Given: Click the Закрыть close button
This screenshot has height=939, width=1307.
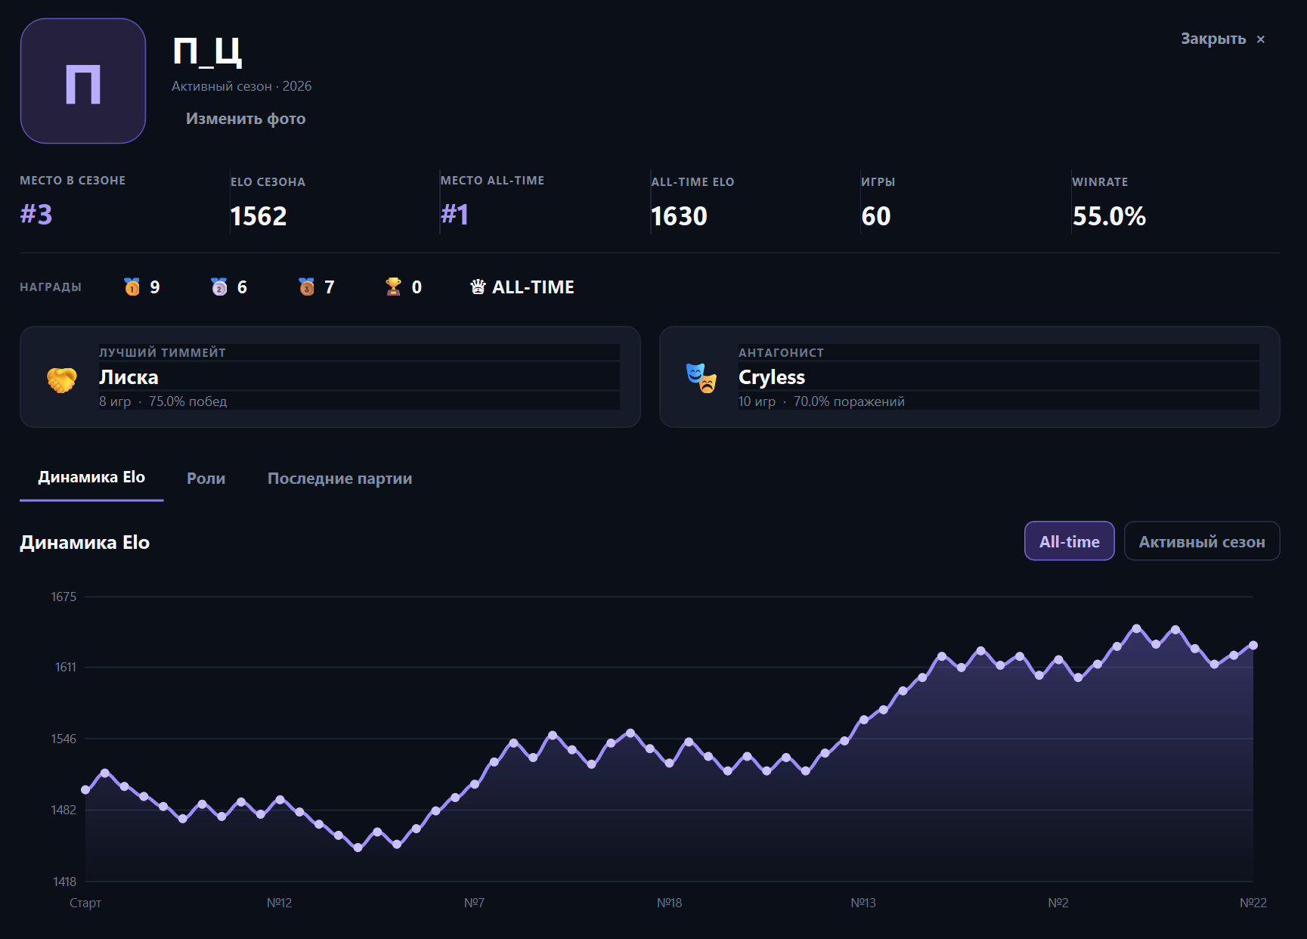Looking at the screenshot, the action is click(x=1222, y=39).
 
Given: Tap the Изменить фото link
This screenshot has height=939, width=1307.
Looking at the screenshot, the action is click(x=246, y=119).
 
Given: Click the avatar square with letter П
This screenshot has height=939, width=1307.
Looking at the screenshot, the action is click(x=83, y=81).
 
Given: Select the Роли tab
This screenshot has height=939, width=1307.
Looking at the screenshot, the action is click(x=206, y=479).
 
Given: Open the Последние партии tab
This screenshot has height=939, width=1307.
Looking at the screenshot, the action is click(x=339, y=479).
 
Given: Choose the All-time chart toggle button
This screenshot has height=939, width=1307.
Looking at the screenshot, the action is click(x=1069, y=541).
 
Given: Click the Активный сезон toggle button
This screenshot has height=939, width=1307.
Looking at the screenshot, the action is click(x=1202, y=541).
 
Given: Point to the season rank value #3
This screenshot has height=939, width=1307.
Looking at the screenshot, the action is click(x=36, y=215).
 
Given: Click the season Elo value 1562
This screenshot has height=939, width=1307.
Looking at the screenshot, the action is click(x=259, y=216).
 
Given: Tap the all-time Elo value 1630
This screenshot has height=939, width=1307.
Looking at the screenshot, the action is click(x=679, y=216).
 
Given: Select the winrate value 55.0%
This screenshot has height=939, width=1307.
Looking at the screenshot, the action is click(x=1109, y=216).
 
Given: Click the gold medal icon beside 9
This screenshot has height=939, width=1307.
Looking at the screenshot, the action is click(x=132, y=287).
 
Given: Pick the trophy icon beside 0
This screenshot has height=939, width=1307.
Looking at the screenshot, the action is click(x=393, y=287).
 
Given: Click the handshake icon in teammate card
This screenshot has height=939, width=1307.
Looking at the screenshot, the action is click(x=62, y=380).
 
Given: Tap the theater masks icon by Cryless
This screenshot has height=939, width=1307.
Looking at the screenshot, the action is click(x=702, y=378).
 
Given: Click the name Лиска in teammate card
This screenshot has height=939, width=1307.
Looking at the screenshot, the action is click(x=129, y=377).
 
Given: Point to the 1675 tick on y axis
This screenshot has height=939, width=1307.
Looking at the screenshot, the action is click(x=63, y=597).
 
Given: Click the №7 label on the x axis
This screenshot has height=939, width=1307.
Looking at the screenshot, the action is click(x=474, y=903).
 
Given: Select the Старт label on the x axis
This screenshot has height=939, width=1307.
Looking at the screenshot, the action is click(x=85, y=903).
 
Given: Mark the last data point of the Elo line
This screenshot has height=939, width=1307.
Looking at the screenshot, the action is click(x=1253, y=646).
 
